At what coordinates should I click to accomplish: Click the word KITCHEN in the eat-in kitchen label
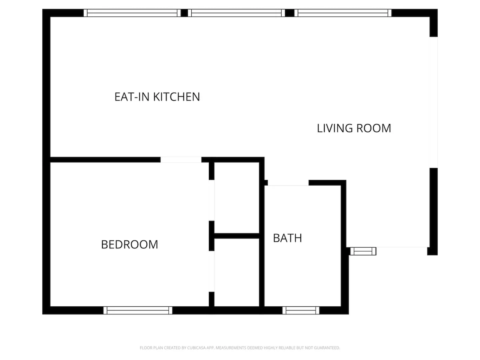[176, 97]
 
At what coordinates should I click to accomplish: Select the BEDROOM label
[130, 244]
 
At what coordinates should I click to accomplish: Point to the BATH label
[287, 238]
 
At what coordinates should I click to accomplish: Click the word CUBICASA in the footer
[196, 348]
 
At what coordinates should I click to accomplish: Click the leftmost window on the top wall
[132, 13]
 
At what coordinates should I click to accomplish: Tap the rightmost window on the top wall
[343, 13]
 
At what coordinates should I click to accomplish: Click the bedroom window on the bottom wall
[138, 310]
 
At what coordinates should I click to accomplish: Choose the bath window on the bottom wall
[301, 310]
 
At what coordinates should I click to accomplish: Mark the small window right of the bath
[363, 251]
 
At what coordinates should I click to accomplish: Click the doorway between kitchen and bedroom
[181, 160]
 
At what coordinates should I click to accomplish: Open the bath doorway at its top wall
[288, 183]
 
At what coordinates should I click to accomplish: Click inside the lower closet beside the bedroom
[237, 272]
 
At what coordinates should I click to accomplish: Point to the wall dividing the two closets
[237, 236]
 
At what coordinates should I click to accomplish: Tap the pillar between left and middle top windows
[184, 13]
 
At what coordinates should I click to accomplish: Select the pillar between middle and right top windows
[290, 13]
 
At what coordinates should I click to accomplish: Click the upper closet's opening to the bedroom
[212, 200]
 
